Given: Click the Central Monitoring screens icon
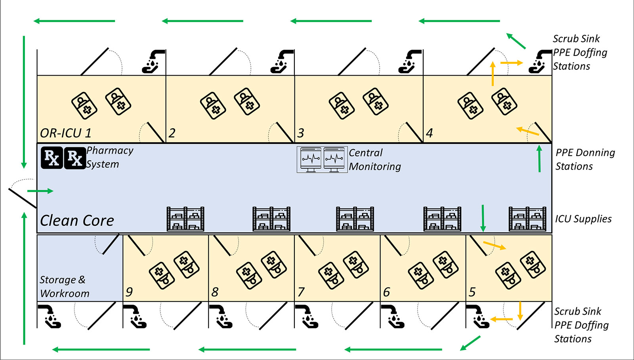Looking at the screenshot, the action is [x=322, y=160].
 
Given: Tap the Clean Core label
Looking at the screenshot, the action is [x=77, y=221].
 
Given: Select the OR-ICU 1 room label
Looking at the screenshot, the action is [x=66, y=133].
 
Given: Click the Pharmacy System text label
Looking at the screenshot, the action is [x=110, y=157].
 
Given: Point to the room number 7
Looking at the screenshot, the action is [x=301, y=292].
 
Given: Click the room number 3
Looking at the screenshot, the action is [x=301, y=133].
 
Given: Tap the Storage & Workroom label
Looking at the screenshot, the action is [x=65, y=286].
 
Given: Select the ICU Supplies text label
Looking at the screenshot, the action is [x=583, y=219].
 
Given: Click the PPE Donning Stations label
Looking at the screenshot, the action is [x=585, y=160].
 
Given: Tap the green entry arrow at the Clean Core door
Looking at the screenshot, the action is [x=40, y=191].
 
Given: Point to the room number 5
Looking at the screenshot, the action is [x=472, y=292].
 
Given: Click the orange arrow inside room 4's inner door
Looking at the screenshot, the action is [x=527, y=131].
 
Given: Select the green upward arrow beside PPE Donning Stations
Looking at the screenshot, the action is [x=539, y=159].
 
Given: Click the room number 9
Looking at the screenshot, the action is [x=129, y=292].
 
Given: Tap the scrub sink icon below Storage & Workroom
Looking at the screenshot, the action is [x=49, y=316].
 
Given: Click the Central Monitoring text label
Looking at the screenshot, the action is [x=375, y=160].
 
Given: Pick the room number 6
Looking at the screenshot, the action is [x=386, y=292].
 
